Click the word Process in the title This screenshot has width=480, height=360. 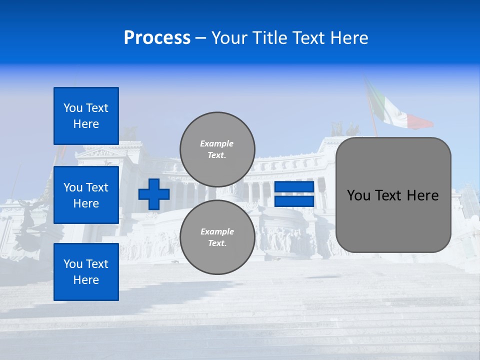157,38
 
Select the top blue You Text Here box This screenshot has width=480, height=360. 86,116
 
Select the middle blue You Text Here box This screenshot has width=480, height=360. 86,195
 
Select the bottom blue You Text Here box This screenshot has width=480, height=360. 86,272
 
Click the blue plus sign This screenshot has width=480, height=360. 153,194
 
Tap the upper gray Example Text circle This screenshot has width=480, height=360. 217,149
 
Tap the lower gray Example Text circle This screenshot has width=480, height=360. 217,237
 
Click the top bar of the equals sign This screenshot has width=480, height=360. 294,187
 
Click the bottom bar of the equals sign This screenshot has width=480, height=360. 294,201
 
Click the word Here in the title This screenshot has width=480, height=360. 349,38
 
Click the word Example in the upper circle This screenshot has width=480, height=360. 216,143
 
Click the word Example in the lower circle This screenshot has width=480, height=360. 216,231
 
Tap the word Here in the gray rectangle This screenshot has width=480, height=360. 422,195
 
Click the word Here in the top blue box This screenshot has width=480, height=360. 86,124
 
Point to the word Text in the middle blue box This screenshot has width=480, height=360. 97,187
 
